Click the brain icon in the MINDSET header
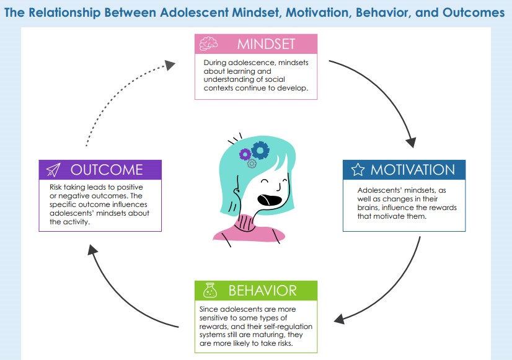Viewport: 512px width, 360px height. tap(208, 43)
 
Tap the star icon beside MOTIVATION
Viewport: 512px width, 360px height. tap(358, 170)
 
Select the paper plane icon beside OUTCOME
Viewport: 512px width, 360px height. tap(53, 170)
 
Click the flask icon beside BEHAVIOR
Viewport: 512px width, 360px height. tap(210, 290)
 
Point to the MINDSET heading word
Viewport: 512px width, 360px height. tap(266, 44)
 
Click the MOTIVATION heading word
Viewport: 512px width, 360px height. tap(412, 170)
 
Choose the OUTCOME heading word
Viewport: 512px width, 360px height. tap(107, 170)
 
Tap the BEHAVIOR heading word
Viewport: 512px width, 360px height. tap(263, 291)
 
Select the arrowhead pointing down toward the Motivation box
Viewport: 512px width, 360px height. tap(411, 143)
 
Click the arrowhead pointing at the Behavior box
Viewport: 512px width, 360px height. tap(340, 319)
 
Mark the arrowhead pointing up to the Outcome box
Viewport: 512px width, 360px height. tap(92, 250)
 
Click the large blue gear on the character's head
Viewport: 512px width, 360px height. tap(260, 151)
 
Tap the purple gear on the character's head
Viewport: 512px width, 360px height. tap(245, 154)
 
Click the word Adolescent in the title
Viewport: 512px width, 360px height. tap(194, 13)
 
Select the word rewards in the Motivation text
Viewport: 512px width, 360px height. tap(443, 208)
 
